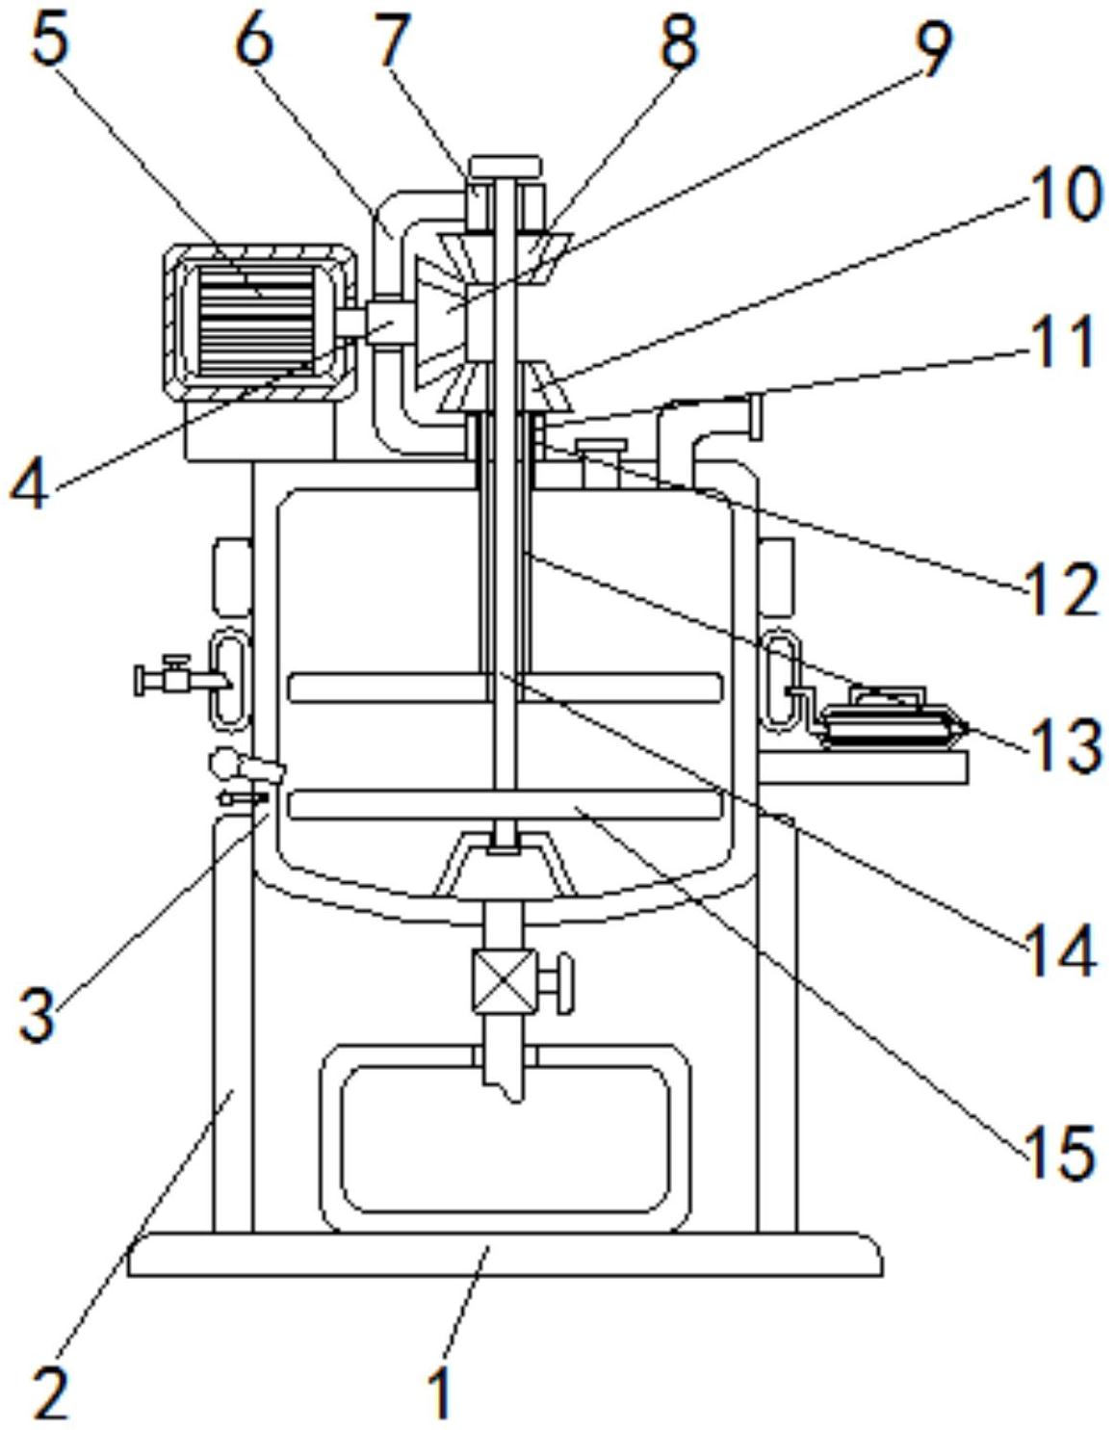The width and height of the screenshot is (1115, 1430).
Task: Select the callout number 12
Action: (1060, 590)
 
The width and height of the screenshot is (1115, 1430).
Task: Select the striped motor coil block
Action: (256, 321)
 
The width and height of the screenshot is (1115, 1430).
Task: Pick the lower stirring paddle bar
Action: (506, 804)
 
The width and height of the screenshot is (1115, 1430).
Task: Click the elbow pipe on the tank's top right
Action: (709, 440)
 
